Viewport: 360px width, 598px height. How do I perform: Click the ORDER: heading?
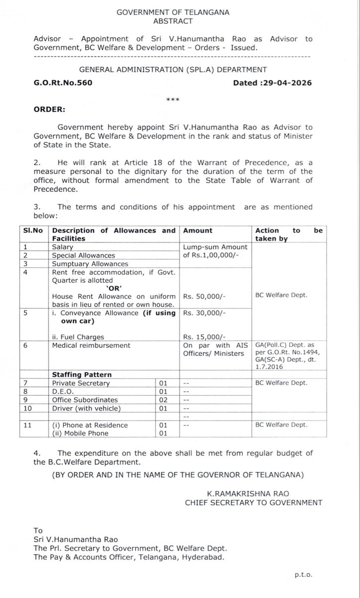point(49,109)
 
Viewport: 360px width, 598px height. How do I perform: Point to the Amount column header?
point(198,231)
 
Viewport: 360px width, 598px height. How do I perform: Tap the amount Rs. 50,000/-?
point(204,296)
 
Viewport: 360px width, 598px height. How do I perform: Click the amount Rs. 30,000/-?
point(204,313)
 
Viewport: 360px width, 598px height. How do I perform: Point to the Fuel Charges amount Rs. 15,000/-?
point(204,337)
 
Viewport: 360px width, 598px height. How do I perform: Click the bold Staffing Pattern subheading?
point(82,374)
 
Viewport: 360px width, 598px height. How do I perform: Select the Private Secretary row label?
point(81,383)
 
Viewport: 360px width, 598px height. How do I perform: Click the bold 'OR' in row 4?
point(115,288)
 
